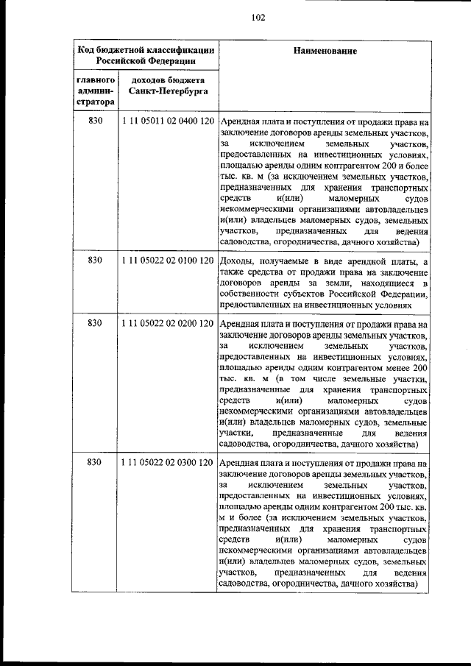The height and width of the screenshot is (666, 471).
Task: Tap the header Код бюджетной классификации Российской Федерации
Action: [x=146, y=56]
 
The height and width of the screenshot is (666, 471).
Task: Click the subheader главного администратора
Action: [x=94, y=91]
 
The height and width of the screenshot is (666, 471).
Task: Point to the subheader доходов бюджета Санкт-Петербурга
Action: [x=167, y=85]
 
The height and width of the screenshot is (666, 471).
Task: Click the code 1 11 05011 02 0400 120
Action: [x=167, y=121]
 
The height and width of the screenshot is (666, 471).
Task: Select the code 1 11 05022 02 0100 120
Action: [x=167, y=260]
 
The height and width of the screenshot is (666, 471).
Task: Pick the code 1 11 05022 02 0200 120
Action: [x=167, y=322]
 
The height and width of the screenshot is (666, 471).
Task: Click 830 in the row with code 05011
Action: [x=94, y=121]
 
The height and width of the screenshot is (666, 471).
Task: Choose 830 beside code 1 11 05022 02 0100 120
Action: [x=94, y=260]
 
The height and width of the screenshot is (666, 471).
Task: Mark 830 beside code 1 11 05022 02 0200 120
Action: [x=94, y=322]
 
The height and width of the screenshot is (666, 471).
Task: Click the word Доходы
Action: [x=237, y=261]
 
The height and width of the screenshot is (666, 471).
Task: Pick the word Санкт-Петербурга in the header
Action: [x=167, y=92]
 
